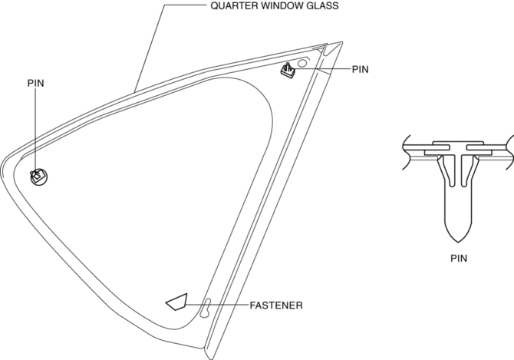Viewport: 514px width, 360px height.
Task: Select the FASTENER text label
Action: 276,306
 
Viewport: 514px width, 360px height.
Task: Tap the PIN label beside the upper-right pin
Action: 361,69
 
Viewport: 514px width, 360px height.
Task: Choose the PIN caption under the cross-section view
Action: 458,259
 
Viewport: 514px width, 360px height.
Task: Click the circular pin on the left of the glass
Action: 39,176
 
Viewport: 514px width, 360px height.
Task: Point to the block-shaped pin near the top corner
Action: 289,71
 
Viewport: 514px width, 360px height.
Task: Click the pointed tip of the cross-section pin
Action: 457,234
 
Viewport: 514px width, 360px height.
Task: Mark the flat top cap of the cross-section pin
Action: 457,144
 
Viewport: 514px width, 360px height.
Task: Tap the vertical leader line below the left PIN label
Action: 36,130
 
